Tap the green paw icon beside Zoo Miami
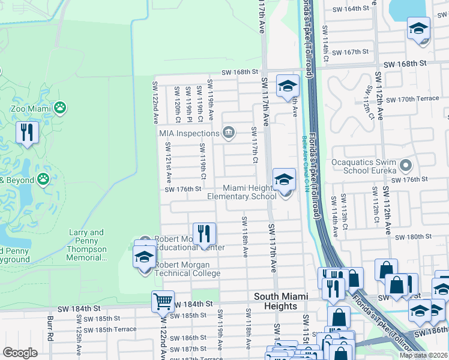(59, 108)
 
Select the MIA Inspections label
(189, 133)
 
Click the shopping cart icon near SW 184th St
(163, 301)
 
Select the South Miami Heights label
(281, 301)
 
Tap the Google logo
(20, 353)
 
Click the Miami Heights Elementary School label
(241, 192)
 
